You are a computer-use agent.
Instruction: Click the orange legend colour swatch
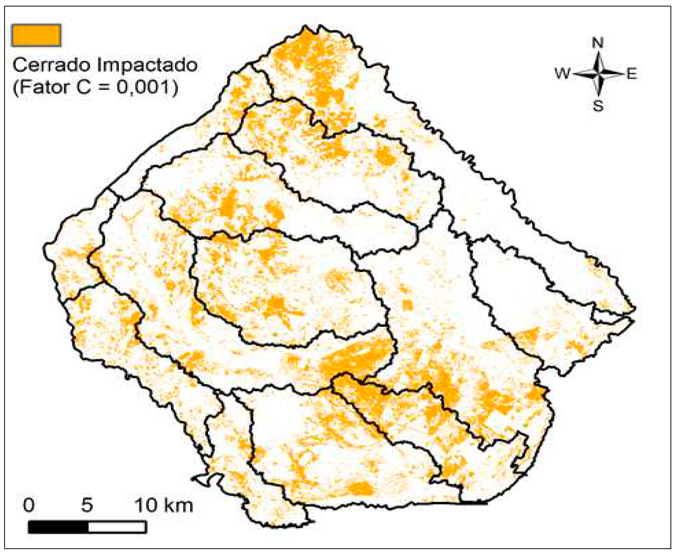[36, 35]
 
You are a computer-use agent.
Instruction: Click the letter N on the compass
[598, 43]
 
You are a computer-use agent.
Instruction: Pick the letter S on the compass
[598, 106]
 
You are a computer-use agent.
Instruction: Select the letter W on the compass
[562, 74]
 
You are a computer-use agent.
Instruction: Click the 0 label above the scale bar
[29, 505]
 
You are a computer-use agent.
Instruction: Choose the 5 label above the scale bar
[87, 505]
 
